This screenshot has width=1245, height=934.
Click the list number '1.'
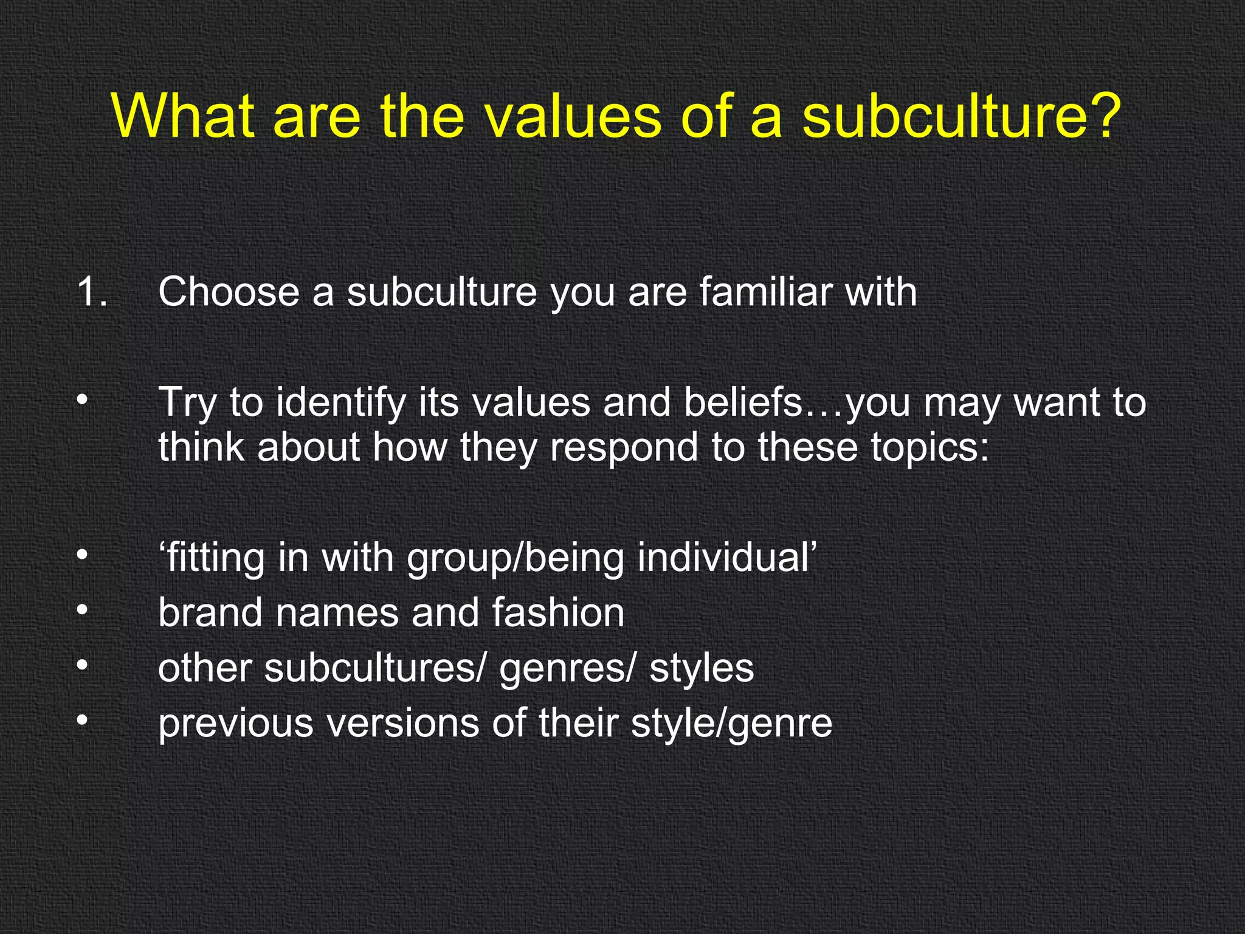92,292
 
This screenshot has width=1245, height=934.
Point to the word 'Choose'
229,292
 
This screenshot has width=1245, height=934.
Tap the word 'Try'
187,403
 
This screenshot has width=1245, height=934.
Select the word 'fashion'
558,612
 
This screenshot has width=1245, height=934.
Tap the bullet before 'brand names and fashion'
83,611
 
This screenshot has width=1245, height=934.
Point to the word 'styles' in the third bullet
702,668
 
